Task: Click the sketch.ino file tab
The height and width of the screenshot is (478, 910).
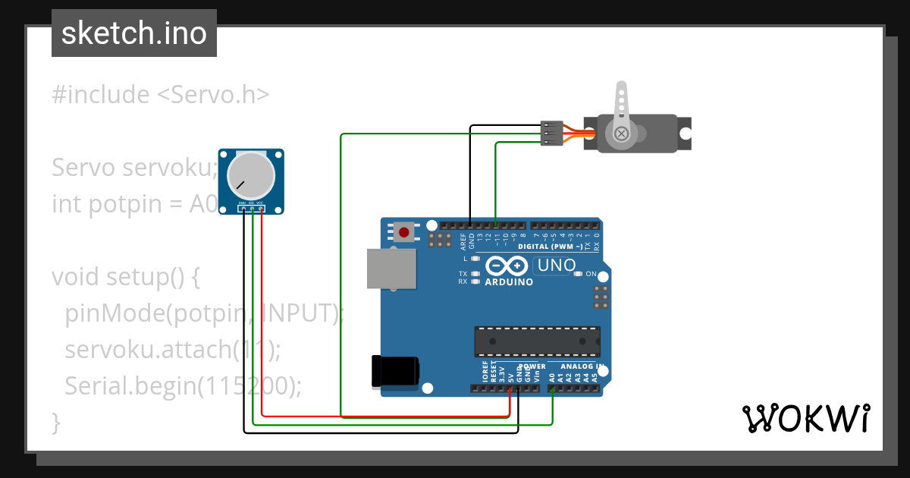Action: point(134,33)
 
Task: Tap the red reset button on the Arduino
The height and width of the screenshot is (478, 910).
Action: point(404,231)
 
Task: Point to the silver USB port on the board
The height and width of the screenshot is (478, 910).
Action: point(391,269)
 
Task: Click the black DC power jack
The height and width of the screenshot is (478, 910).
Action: point(394,371)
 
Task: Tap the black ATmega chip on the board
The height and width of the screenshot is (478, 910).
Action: point(537,341)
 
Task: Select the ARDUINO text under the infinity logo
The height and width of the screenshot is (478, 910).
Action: point(508,282)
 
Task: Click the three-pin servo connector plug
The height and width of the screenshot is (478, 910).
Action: point(551,133)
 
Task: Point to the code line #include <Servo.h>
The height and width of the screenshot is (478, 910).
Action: point(161,95)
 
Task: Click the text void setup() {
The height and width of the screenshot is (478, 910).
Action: point(126,277)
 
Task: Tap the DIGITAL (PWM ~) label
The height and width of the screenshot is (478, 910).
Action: point(550,247)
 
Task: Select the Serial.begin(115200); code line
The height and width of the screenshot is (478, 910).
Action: point(184,386)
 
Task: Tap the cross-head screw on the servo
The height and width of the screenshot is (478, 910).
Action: point(622,134)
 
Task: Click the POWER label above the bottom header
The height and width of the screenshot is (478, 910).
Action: point(532,366)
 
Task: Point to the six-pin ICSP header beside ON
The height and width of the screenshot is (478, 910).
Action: point(601,297)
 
